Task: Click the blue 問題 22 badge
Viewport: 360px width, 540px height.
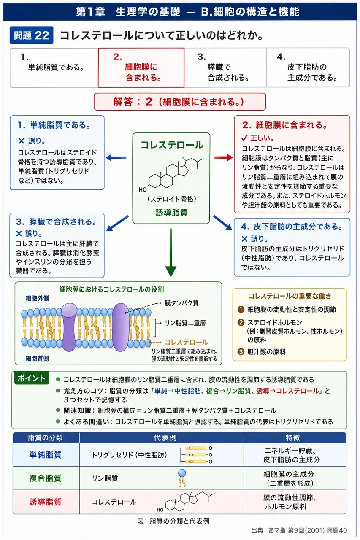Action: [x=31, y=35]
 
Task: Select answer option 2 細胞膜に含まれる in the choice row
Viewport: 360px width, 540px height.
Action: [x=141, y=67]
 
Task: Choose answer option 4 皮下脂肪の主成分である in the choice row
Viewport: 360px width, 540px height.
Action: [x=308, y=67]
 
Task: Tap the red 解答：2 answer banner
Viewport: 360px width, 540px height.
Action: [x=180, y=102]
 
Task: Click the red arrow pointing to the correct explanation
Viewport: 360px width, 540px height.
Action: [x=224, y=158]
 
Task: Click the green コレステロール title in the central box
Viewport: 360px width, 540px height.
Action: [x=172, y=145]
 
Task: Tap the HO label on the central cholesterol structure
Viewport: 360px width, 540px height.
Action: [x=143, y=189]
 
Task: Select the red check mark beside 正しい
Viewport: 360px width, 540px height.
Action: [x=244, y=138]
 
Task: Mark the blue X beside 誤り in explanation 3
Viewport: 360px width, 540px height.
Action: [x=19, y=233]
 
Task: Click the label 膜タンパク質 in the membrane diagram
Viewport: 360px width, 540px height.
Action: [x=181, y=303]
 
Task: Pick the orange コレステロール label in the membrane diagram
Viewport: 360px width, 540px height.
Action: [x=186, y=342]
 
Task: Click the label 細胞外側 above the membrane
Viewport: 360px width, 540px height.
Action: [x=37, y=298]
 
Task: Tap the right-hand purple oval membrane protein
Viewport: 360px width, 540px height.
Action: [x=120, y=327]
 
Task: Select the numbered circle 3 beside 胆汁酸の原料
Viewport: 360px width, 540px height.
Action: [x=241, y=352]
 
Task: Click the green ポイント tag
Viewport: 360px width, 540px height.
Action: [x=32, y=378]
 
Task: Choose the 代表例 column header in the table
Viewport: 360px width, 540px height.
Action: [x=165, y=437]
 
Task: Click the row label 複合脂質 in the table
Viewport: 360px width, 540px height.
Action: [x=45, y=478]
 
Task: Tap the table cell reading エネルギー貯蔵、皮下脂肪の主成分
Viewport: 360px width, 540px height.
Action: [x=291, y=455]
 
